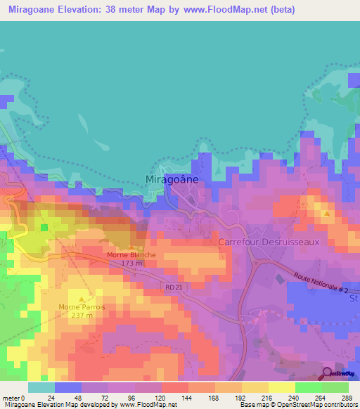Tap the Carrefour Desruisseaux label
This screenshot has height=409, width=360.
(269, 241)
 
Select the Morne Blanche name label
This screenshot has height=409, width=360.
(131, 255)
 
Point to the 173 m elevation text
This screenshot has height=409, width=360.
(131, 264)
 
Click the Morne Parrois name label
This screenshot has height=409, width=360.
(82, 306)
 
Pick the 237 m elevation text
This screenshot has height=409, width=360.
(82, 315)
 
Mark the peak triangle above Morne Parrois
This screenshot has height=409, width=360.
(82, 298)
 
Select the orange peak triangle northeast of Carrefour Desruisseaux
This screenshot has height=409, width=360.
(325, 212)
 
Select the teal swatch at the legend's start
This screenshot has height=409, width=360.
(41, 387)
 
